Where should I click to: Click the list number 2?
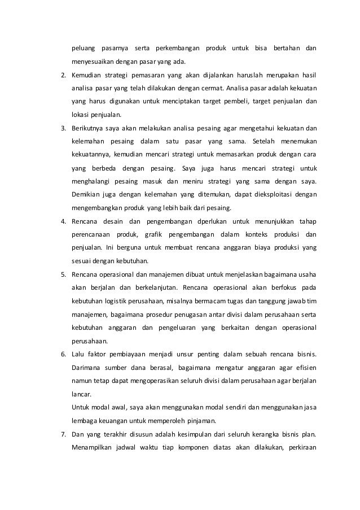63,75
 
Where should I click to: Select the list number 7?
63,434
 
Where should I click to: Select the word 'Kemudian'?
86,75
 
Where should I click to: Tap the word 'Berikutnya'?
87,128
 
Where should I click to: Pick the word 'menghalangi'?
92,181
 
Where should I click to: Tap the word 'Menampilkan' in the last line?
91,448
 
